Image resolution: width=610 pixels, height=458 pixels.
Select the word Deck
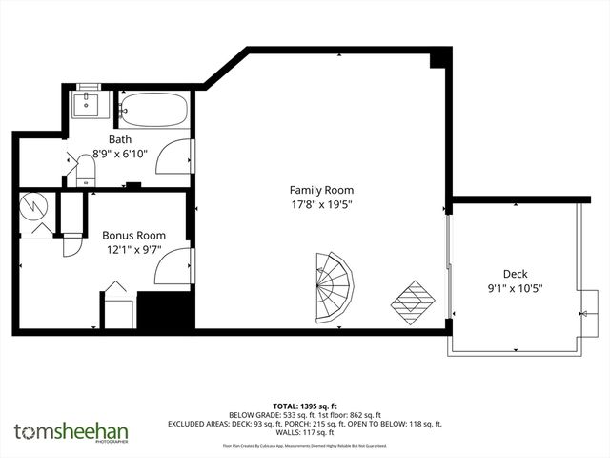pos(516,273)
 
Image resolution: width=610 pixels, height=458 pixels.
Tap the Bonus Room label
pos(133,235)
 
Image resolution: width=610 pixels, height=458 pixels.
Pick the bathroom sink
pos(91,102)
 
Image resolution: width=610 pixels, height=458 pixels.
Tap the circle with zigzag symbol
pos(33,206)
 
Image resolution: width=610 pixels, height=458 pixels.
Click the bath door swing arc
pos(175,156)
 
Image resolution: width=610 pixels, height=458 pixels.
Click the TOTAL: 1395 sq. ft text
pos(305,406)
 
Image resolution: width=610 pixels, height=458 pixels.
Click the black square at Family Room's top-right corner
pos(438,60)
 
